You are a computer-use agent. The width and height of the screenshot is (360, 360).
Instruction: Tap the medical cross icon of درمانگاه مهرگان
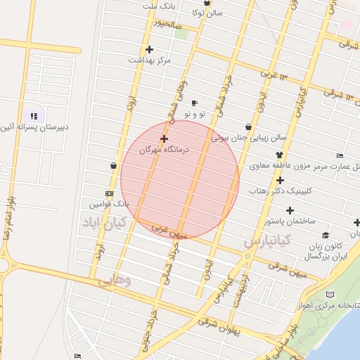coord(164,139)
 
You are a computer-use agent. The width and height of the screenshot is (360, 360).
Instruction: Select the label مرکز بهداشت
coord(149,60)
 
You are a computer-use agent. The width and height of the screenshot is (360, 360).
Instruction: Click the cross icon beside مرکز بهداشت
coord(149,49)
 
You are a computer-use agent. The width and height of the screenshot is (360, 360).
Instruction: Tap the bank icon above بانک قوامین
coord(109,193)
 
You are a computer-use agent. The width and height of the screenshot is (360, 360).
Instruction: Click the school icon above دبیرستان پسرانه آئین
coord(33,116)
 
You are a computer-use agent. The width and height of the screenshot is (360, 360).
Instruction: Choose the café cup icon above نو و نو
coord(194,103)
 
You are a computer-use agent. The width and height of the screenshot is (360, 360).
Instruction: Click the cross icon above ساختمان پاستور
coord(290,210)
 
